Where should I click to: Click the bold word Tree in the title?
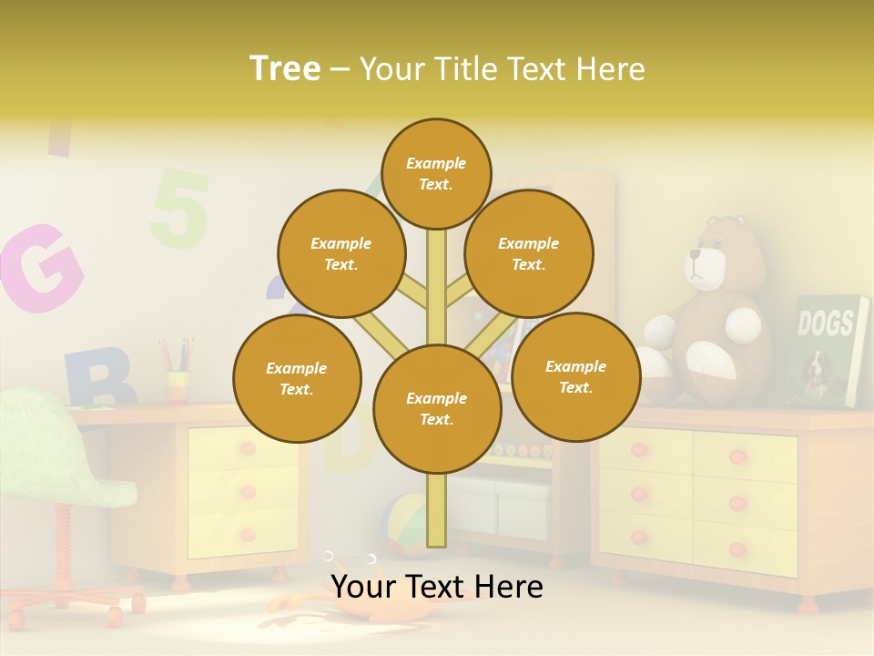coord(285,68)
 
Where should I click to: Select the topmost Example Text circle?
coord(436,173)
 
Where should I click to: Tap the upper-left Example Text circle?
coord(341,253)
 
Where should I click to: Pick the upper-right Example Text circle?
coord(529,253)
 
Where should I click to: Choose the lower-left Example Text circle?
coord(297,378)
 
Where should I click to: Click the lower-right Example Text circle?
coord(576,376)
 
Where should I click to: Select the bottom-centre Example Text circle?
coord(437,408)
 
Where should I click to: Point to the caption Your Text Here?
coord(437,586)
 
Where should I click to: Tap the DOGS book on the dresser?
coord(830,351)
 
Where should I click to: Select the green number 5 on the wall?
coord(180,208)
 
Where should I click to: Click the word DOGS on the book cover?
coord(826,323)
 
